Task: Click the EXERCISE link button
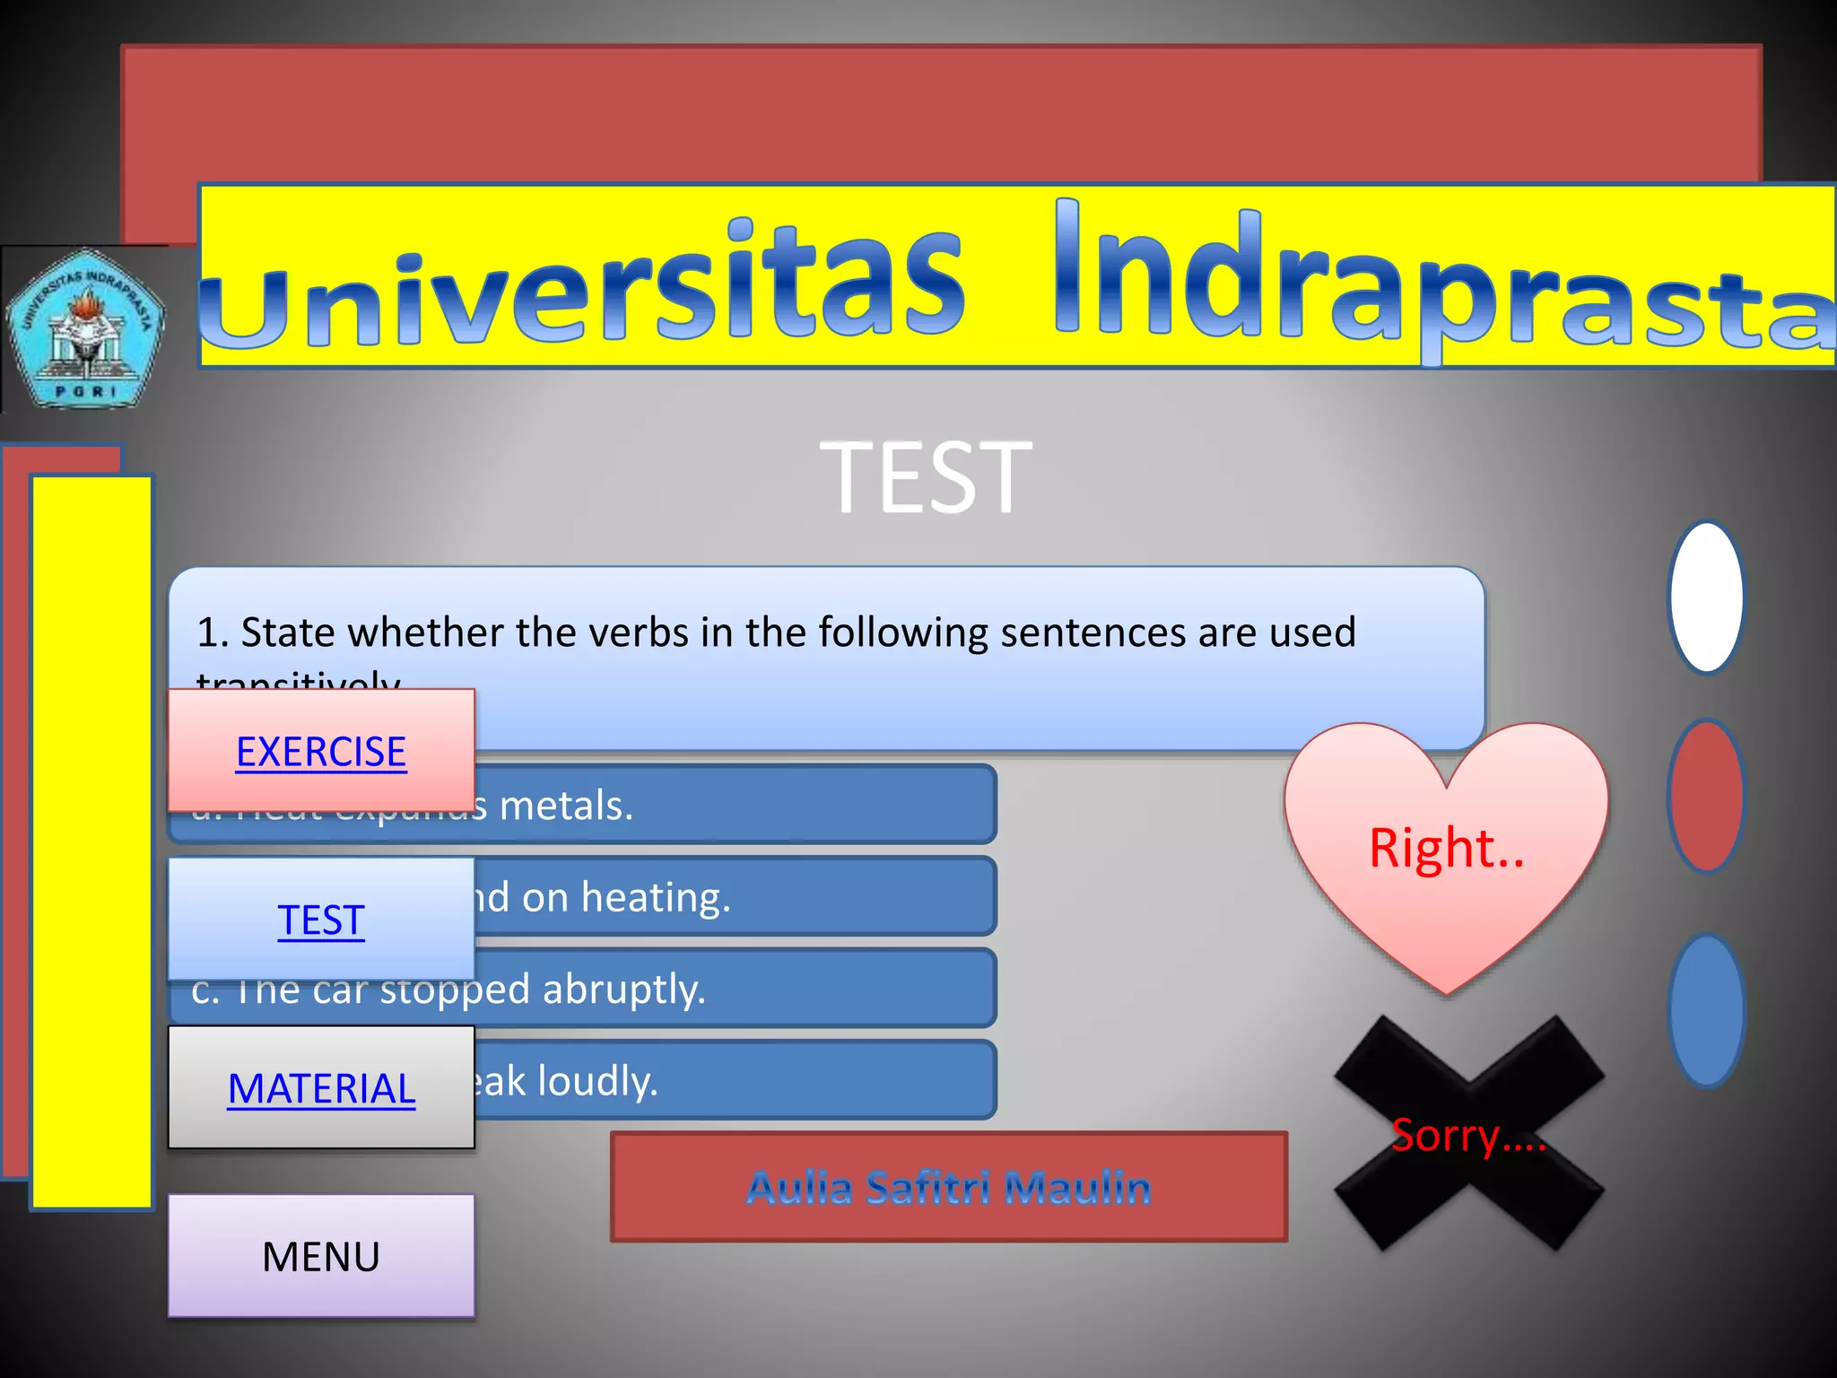[x=321, y=752]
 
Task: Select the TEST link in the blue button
[x=321, y=920]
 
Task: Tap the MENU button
[x=321, y=1257]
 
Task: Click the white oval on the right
[x=1706, y=597]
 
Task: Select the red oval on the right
[x=1706, y=796]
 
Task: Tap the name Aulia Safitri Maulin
[x=949, y=1188]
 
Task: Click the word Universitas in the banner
[x=583, y=287]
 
